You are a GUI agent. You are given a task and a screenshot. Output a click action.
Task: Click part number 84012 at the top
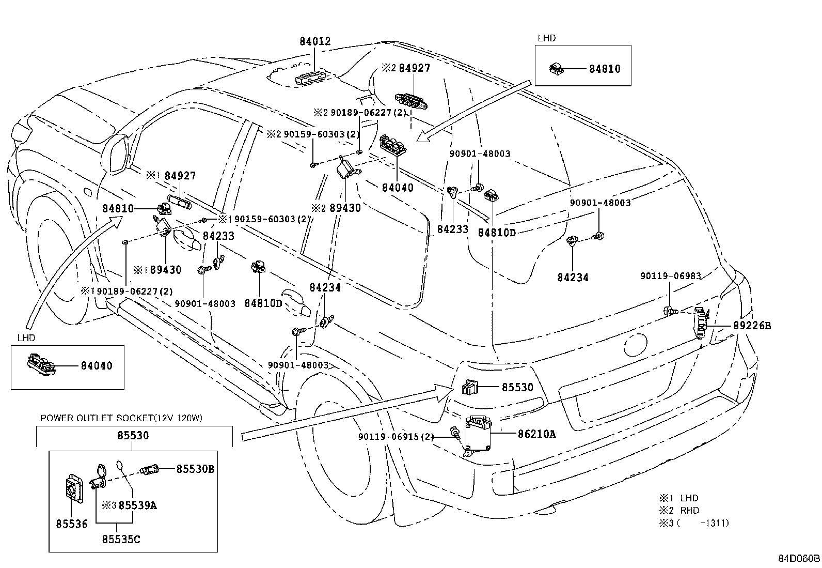click(x=314, y=41)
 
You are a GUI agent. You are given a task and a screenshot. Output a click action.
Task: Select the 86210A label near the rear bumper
click(x=536, y=434)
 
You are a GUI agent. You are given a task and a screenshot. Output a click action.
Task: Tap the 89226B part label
click(x=752, y=326)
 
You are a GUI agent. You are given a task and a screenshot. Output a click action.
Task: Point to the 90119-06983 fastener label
click(x=670, y=276)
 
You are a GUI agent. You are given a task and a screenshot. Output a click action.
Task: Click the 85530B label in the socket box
click(x=195, y=469)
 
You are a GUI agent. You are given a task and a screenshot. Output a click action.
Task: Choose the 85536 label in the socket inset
click(x=72, y=524)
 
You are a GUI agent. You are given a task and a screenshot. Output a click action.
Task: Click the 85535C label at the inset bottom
click(x=121, y=540)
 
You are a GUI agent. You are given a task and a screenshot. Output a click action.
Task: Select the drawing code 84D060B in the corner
click(x=799, y=558)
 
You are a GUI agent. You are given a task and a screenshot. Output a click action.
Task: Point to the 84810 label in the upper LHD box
click(x=605, y=69)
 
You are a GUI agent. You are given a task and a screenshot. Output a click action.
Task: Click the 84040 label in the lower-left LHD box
click(x=96, y=366)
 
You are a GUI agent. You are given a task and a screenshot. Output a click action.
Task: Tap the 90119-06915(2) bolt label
click(x=396, y=437)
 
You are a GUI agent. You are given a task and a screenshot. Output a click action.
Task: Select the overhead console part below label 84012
click(x=312, y=78)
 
